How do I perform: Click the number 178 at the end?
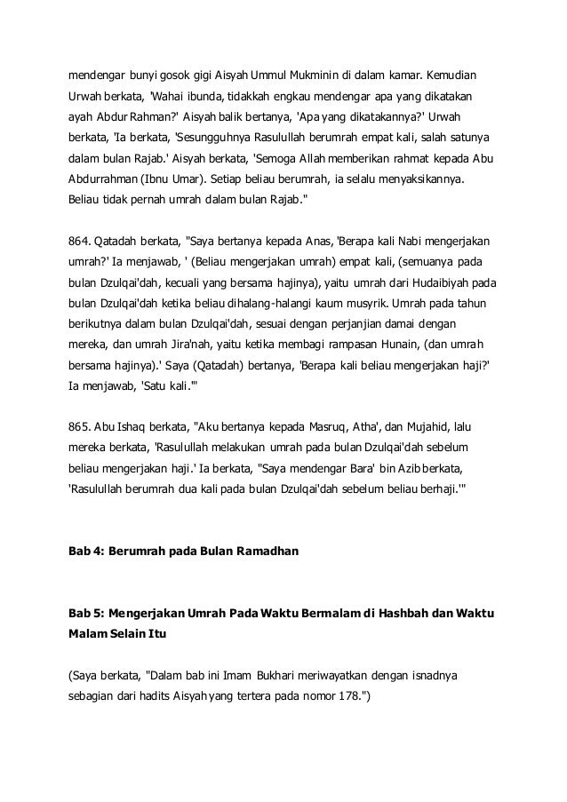pos(352,699)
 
